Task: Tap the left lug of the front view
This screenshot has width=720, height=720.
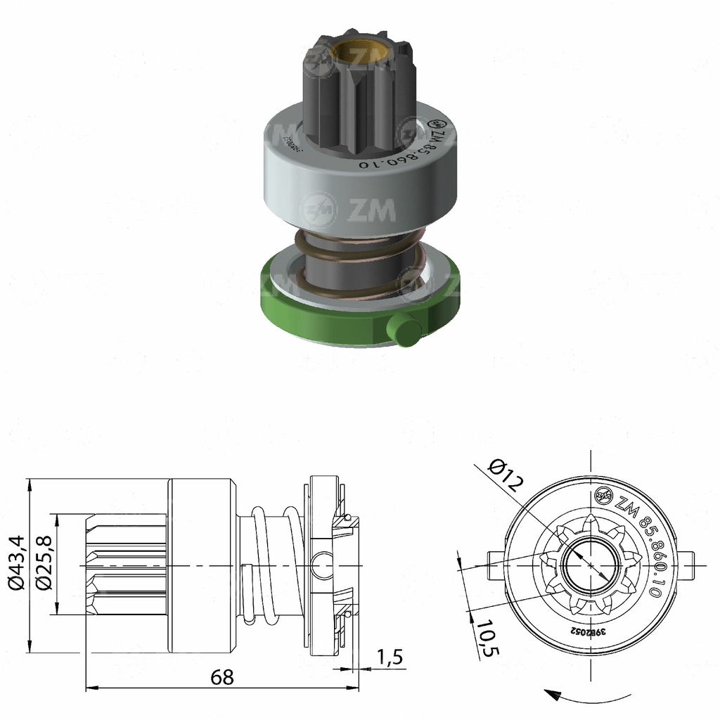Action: [495, 559]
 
